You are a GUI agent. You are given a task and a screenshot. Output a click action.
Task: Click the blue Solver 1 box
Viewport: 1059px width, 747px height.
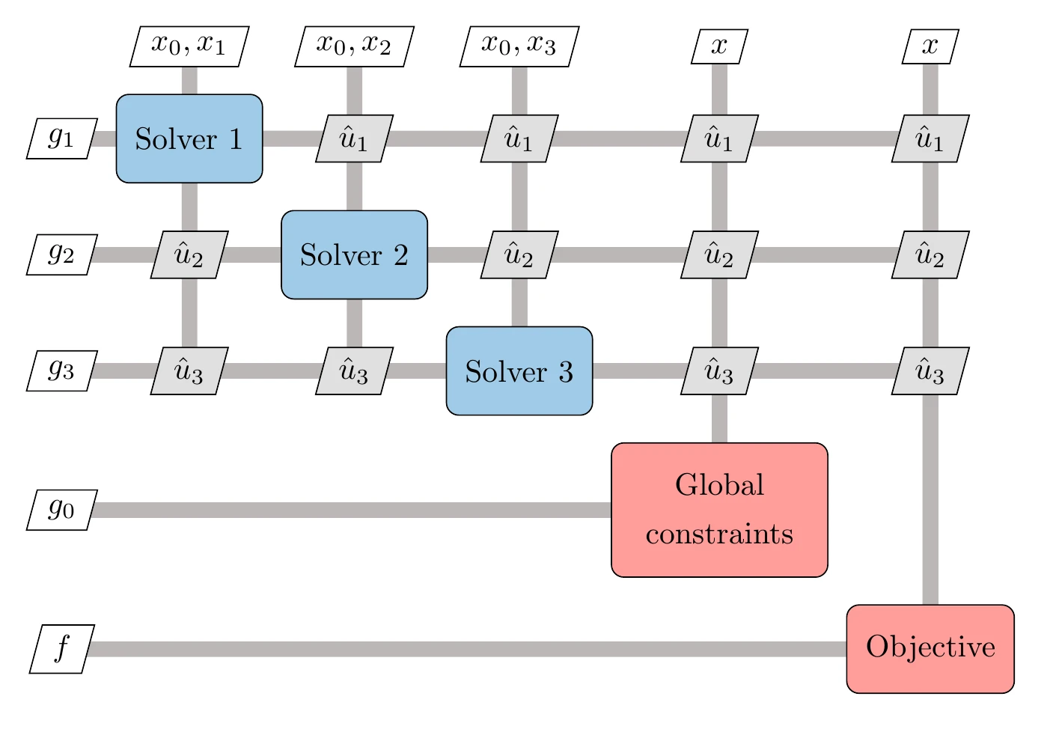[189, 138]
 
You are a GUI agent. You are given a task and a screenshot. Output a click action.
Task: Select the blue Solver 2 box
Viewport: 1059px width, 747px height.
[354, 254]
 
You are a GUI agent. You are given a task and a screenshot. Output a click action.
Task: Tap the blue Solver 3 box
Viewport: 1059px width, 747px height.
[519, 371]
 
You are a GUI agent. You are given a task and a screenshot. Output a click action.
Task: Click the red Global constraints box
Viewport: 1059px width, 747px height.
[719, 510]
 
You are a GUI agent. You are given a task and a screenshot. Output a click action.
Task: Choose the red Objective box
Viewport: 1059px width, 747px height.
[930, 648]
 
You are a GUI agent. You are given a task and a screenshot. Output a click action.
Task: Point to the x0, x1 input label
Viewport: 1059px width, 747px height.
[189, 46]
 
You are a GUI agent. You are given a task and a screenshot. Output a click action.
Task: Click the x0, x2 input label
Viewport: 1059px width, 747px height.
[354, 46]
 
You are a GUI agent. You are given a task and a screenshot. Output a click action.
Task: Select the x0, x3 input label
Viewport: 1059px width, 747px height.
[519, 46]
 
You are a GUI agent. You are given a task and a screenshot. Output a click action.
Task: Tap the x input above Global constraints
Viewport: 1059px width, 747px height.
[719, 46]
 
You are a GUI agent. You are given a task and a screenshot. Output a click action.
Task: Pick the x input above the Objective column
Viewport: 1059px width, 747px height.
[930, 46]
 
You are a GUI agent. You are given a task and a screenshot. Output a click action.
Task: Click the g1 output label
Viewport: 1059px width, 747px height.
[61, 138]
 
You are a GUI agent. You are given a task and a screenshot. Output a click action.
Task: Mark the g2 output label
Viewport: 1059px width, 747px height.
[61, 254]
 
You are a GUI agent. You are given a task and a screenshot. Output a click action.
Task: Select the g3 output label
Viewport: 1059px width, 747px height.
[61, 371]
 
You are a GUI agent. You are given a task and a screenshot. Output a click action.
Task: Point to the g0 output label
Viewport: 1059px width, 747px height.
[61, 510]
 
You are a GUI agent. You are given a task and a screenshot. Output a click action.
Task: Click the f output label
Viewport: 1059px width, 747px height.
[61, 648]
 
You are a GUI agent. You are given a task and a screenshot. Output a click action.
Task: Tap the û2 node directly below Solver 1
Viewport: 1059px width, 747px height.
[189, 254]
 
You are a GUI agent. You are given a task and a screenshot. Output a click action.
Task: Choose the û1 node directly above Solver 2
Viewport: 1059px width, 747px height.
[354, 138]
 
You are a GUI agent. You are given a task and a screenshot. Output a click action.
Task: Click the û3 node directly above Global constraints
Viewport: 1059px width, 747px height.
[719, 371]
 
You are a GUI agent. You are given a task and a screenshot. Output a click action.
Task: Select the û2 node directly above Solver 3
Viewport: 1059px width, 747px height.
[519, 254]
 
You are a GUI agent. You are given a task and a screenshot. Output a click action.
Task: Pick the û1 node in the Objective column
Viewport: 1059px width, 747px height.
[930, 138]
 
